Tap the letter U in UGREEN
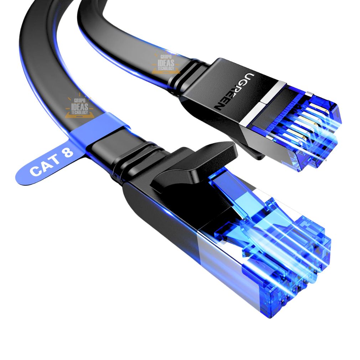(248, 76)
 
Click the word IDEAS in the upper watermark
(166, 63)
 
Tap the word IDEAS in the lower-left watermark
(80, 107)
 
